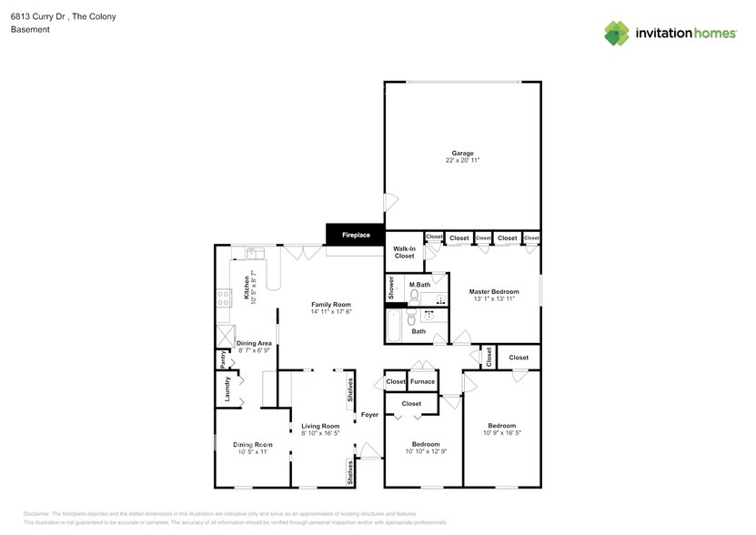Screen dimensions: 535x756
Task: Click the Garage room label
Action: [462, 153]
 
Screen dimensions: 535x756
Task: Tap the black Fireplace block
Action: [356, 235]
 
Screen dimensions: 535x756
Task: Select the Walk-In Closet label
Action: [404, 252]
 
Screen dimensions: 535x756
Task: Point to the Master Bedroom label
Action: [493, 292]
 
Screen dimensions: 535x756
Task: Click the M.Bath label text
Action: [419, 285]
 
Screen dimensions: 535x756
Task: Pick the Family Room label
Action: [331, 305]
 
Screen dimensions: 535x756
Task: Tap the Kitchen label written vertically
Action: [246, 287]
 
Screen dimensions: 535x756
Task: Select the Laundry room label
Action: [227, 389]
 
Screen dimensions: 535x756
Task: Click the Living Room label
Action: [320, 426]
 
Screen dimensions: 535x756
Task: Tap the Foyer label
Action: [369, 415]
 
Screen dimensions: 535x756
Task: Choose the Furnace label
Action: [422, 381]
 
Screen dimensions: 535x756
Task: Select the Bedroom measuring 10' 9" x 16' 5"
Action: [501, 426]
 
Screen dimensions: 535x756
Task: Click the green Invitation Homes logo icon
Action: [617, 34]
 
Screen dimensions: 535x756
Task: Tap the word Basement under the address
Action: [29, 29]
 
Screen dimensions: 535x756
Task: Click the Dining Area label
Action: [254, 343]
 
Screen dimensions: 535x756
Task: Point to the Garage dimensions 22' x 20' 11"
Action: [462, 160]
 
